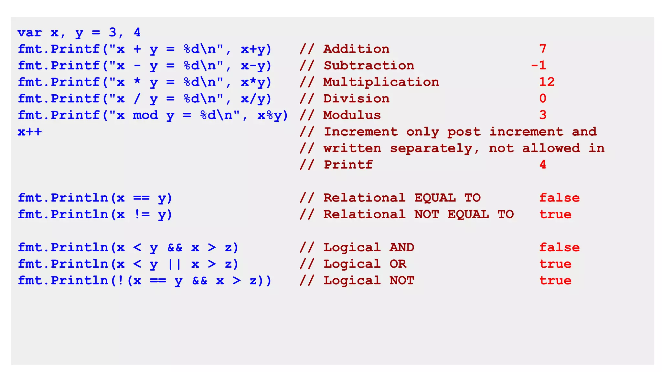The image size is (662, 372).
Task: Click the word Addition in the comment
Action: (356, 49)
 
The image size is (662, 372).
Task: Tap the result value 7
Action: (543, 49)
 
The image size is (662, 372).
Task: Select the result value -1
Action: (539, 66)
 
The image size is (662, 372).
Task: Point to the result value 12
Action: (547, 82)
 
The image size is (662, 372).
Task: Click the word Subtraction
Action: (369, 66)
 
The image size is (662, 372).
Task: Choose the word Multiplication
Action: (381, 82)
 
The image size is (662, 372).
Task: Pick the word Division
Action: (356, 99)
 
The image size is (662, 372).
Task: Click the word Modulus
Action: (352, 115)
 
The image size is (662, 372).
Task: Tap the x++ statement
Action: (30, 132)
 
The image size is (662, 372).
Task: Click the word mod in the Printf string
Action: (145, 115)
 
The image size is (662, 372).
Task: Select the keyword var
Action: (30, 33)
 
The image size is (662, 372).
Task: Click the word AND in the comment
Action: (402, 247)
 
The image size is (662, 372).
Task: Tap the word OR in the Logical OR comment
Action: (398, 264)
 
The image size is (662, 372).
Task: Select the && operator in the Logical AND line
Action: (175, 247)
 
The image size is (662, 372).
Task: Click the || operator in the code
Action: (175, 264)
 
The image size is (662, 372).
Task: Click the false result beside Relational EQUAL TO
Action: (559, 198)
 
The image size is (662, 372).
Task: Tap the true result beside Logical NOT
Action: (555, 281)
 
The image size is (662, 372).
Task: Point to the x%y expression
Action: (269, 115)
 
